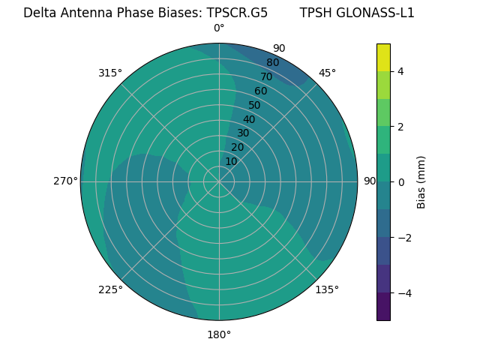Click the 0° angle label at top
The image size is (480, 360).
coord(219,28)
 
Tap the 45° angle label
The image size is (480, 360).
coord(327,73)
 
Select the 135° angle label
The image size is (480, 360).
coord(327,289)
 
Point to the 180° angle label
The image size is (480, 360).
coord(219,334)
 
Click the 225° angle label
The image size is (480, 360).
coord(110,289)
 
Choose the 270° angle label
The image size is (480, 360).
coord(65,181)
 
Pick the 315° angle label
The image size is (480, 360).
coord(110,73)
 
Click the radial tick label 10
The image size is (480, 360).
coord(231,161)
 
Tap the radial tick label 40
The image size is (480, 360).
coord(249,119)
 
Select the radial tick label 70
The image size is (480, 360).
coord(266,77)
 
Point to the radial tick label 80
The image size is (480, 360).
coord(272,63)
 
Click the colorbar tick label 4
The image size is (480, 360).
coord(400,71)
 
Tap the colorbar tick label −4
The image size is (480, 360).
coord(403,293)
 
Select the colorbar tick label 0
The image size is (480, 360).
coord(400,182)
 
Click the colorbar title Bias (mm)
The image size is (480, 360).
coord(421,182)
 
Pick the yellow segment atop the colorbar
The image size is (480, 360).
coord(383,57)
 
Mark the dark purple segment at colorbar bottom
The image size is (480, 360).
coord(383,307)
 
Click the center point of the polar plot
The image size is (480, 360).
coord(219,181)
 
